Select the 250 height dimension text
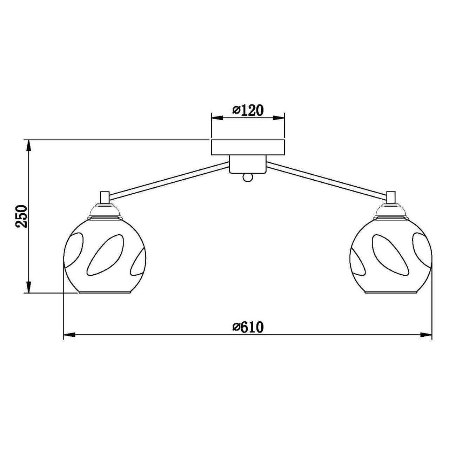[x=21, y=216]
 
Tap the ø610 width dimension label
[x=248, y=327]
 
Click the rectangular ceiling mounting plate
[x=248, y=147]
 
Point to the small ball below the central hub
[x=247, y=177]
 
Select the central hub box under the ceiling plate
[x=247, y=164]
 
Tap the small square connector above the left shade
[x=105, y=197]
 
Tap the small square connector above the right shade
[x=391, y=197]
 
